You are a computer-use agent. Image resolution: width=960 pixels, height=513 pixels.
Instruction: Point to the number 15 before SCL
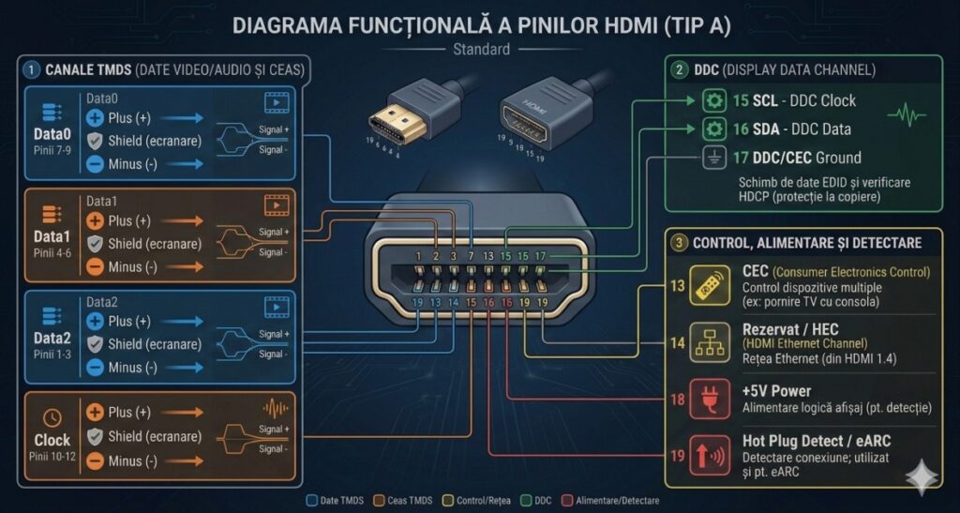point(741,100)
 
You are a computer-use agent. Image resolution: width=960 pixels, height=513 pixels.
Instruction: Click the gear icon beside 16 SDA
point(714,128)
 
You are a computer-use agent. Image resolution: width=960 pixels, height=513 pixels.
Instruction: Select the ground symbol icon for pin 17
point(714,158)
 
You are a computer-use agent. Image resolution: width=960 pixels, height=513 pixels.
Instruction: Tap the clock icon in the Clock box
point(52,418)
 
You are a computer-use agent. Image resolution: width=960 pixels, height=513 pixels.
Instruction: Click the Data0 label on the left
point(52,135)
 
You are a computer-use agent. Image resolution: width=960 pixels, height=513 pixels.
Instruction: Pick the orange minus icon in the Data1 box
point(95,266)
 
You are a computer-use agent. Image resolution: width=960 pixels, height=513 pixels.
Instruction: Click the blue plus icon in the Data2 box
point(95,321)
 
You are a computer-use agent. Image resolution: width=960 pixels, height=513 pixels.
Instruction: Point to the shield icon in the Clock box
point(95,436)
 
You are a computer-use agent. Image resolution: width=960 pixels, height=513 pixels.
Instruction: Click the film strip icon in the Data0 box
point(276,102)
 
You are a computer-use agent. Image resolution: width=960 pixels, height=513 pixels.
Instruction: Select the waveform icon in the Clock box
point(276,409)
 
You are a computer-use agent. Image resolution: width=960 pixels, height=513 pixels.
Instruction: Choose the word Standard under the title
point(481,50)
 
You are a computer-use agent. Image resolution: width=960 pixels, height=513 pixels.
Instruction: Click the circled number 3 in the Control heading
point(680,243)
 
